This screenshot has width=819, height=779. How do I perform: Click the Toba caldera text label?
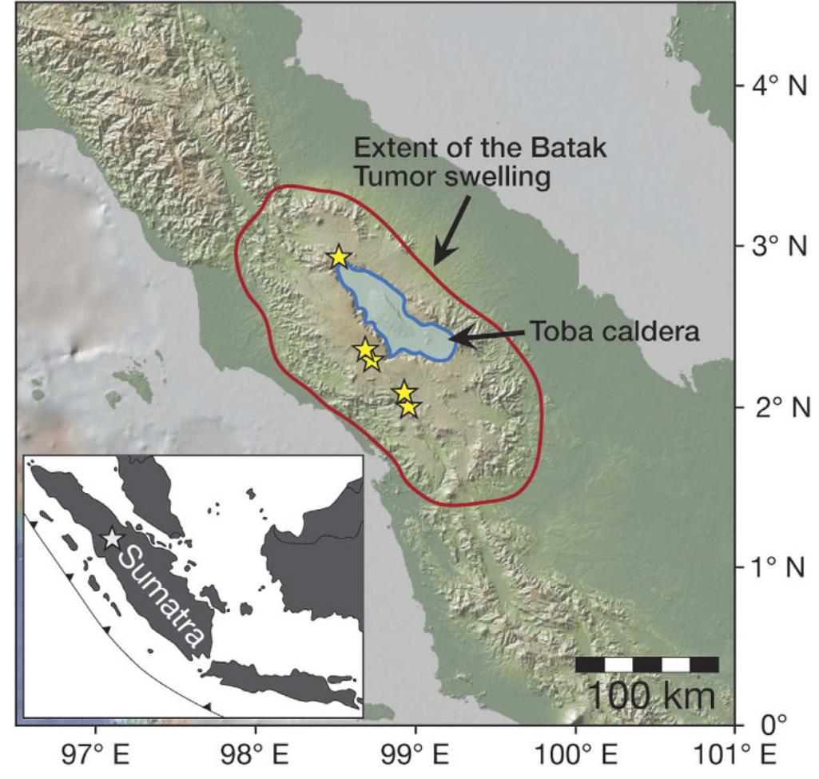614,332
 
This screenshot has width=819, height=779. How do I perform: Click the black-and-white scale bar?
646,664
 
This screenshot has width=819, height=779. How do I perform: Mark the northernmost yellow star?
339,257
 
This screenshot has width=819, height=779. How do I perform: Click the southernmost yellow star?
409,407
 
